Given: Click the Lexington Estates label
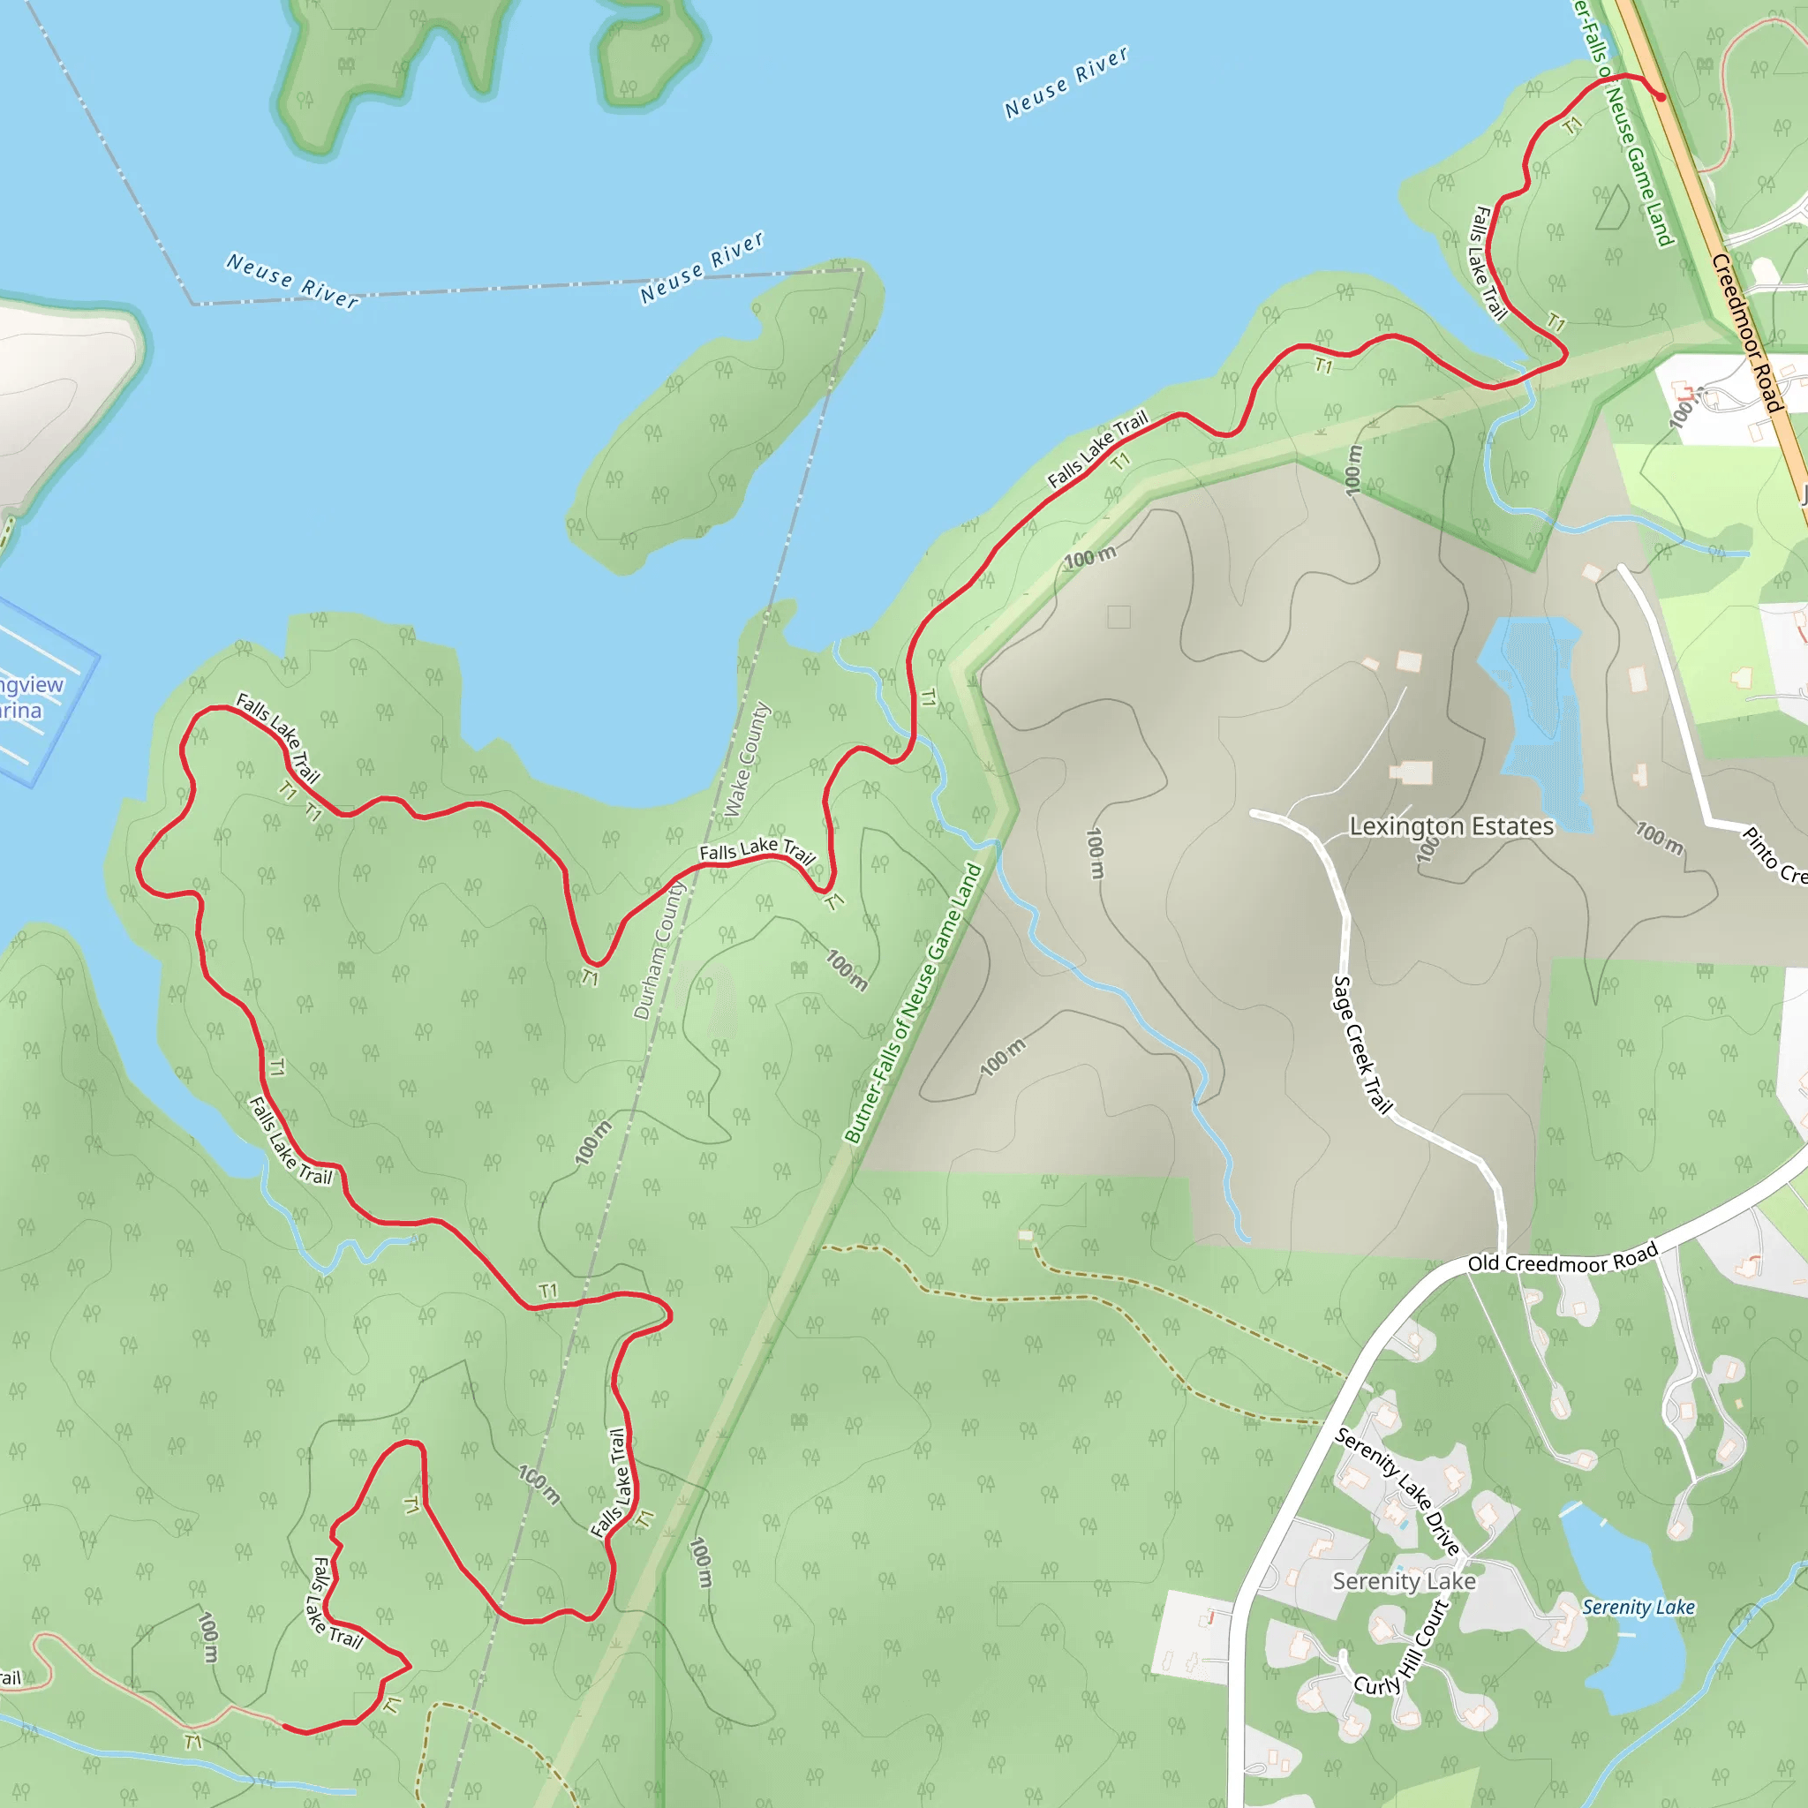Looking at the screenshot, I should click(1450, 826).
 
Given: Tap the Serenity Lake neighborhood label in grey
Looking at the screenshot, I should click(1404, 1581).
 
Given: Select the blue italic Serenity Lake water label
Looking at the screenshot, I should click(1638, 1607).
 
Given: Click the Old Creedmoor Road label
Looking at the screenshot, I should click(1562, 1261).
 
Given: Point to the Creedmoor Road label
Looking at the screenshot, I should click(1745, 332).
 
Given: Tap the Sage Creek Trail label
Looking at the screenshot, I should click(1361, 1043).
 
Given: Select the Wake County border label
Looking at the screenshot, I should click(746, 759).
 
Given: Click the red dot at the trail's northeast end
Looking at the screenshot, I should click(1661, 96).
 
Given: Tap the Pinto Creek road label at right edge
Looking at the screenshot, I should click(1774, 855).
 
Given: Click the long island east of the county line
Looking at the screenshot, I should click(720, 421).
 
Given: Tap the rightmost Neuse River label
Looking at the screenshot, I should click(1066, 83).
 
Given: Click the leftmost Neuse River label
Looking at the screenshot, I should click(292, 281).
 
